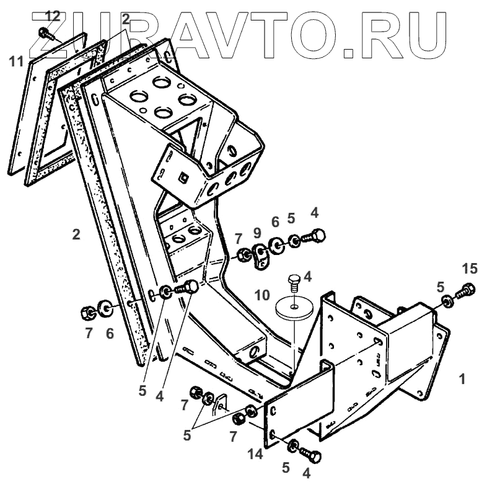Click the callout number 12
[53, 15]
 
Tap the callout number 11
[16, 61]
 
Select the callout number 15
[470, 268]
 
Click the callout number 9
[257, 233]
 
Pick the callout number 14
[255, 454]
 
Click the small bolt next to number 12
[45, 32]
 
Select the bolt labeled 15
[466, 290]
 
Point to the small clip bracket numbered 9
[260, 255]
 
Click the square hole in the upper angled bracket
[182, 178]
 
